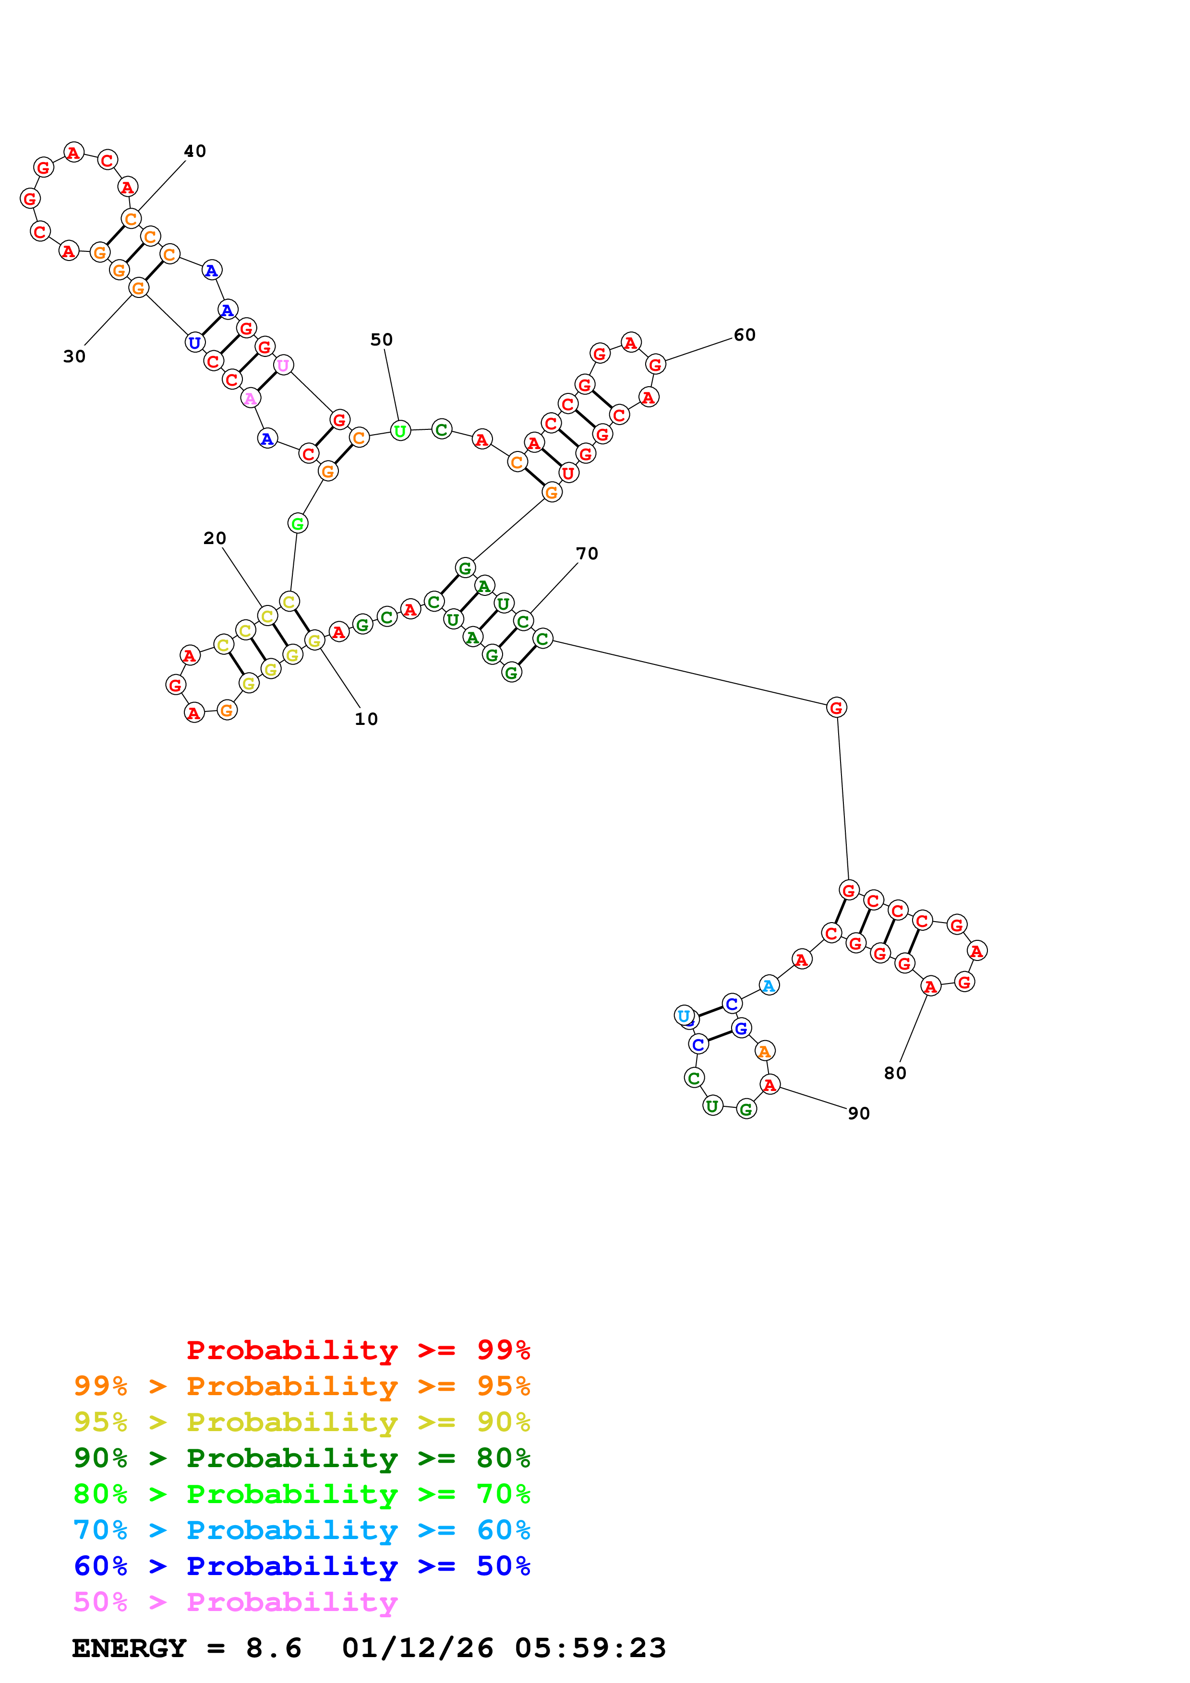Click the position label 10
366,719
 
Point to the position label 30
74,356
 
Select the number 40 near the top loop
194,151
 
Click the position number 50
381,339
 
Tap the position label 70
587,554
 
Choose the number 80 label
894,1073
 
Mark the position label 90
859,1114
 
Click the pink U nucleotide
283,365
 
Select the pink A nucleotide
250,398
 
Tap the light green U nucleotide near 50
399,431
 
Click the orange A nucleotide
765,1051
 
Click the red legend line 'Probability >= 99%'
358,1350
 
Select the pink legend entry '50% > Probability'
235,1601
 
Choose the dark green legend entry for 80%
301,1458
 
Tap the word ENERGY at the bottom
129,1648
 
